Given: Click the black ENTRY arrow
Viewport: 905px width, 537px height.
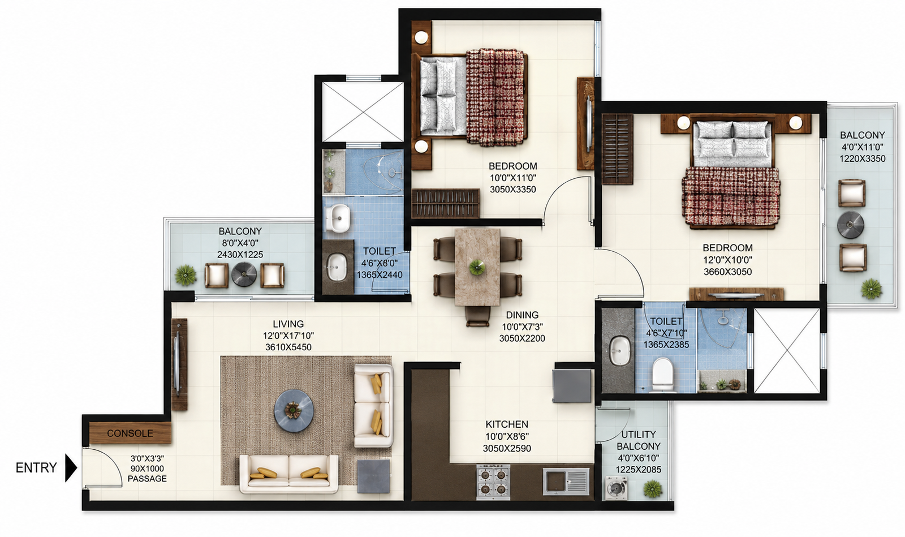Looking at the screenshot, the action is point(71,468).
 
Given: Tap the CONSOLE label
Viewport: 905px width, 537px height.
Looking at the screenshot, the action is point(130,433).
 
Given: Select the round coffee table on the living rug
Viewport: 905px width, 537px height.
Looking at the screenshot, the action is point(294,410).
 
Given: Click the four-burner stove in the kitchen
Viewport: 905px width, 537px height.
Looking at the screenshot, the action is point(493,482).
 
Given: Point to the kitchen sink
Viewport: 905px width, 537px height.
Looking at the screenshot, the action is point(566,482).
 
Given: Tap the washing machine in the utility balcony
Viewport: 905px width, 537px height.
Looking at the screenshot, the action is point(616,488).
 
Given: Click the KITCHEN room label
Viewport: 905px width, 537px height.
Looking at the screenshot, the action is point(507,424).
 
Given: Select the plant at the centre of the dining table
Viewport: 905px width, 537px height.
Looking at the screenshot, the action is point(477,268).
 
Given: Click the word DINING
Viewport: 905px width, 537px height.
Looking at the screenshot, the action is point(522,315).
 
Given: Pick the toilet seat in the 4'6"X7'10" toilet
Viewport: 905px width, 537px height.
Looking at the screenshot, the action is point(662,375).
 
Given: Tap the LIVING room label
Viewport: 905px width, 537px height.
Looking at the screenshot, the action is point(288,324).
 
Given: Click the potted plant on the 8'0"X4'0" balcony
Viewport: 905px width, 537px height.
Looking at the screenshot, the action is point(186,275).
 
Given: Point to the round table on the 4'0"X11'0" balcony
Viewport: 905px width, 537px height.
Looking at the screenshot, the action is point(850,225).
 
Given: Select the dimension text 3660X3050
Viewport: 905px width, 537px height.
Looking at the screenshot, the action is point(727,272).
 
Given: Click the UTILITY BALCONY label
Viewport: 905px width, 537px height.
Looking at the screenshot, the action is point(639,440).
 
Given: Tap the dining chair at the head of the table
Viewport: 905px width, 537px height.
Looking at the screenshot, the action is point(477,316).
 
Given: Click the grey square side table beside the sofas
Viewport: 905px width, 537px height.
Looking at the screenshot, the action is point(374,475).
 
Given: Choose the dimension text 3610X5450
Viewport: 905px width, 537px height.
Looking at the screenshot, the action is point(288,347).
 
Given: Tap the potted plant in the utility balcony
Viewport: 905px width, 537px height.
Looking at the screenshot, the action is point(653,489).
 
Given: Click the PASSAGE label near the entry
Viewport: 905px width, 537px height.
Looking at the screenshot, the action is point(147,478).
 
